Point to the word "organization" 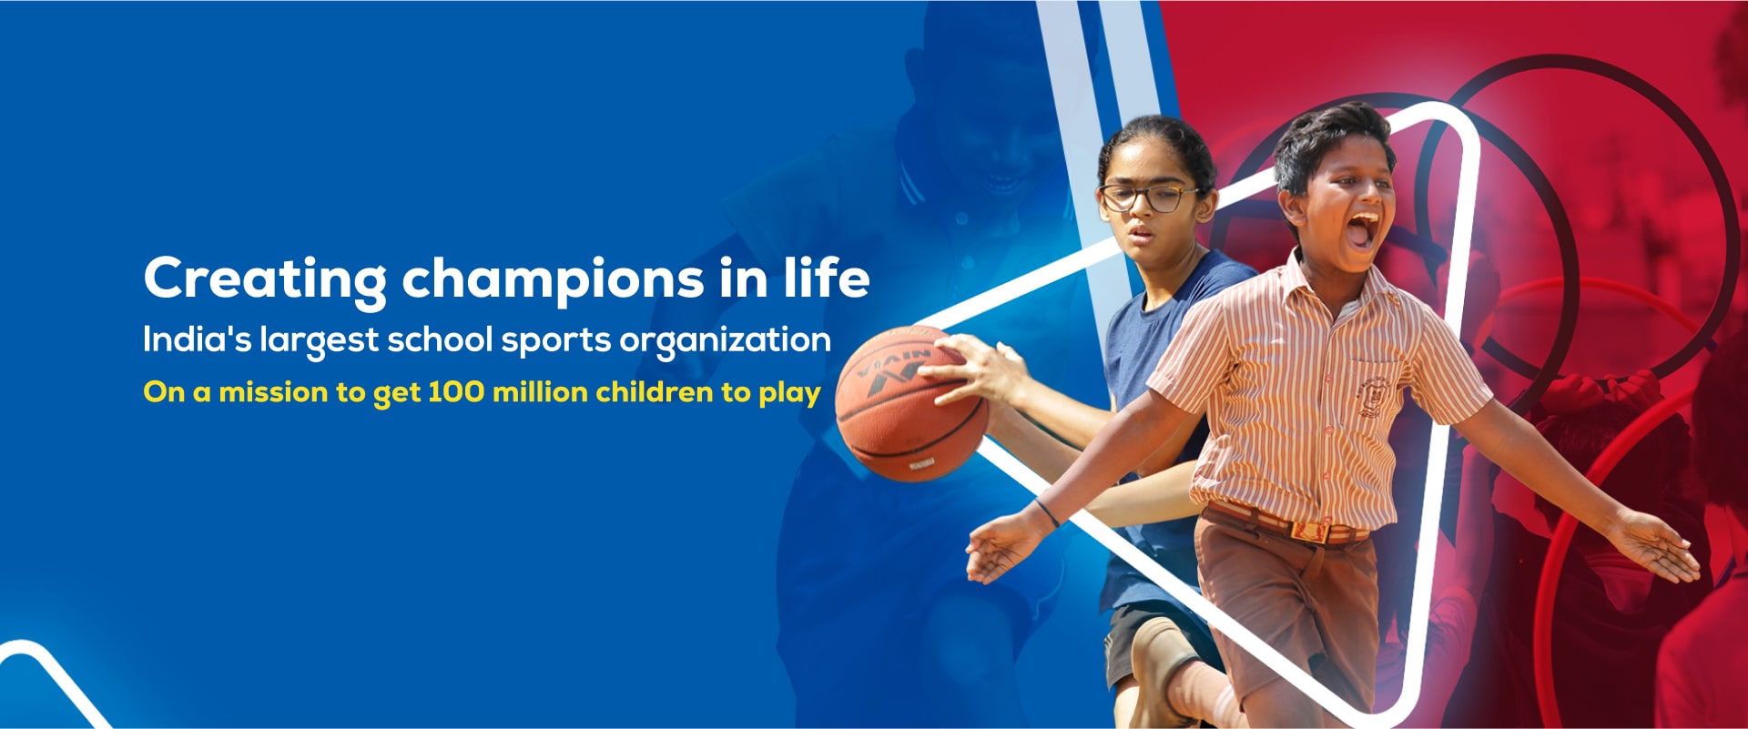coord(725,341)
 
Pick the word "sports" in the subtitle coord(555,341)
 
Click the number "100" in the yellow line coord(455,392)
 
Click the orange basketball coord(910,402)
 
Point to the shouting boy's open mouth coord(1361,231)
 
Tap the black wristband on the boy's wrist coord(1046,513)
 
